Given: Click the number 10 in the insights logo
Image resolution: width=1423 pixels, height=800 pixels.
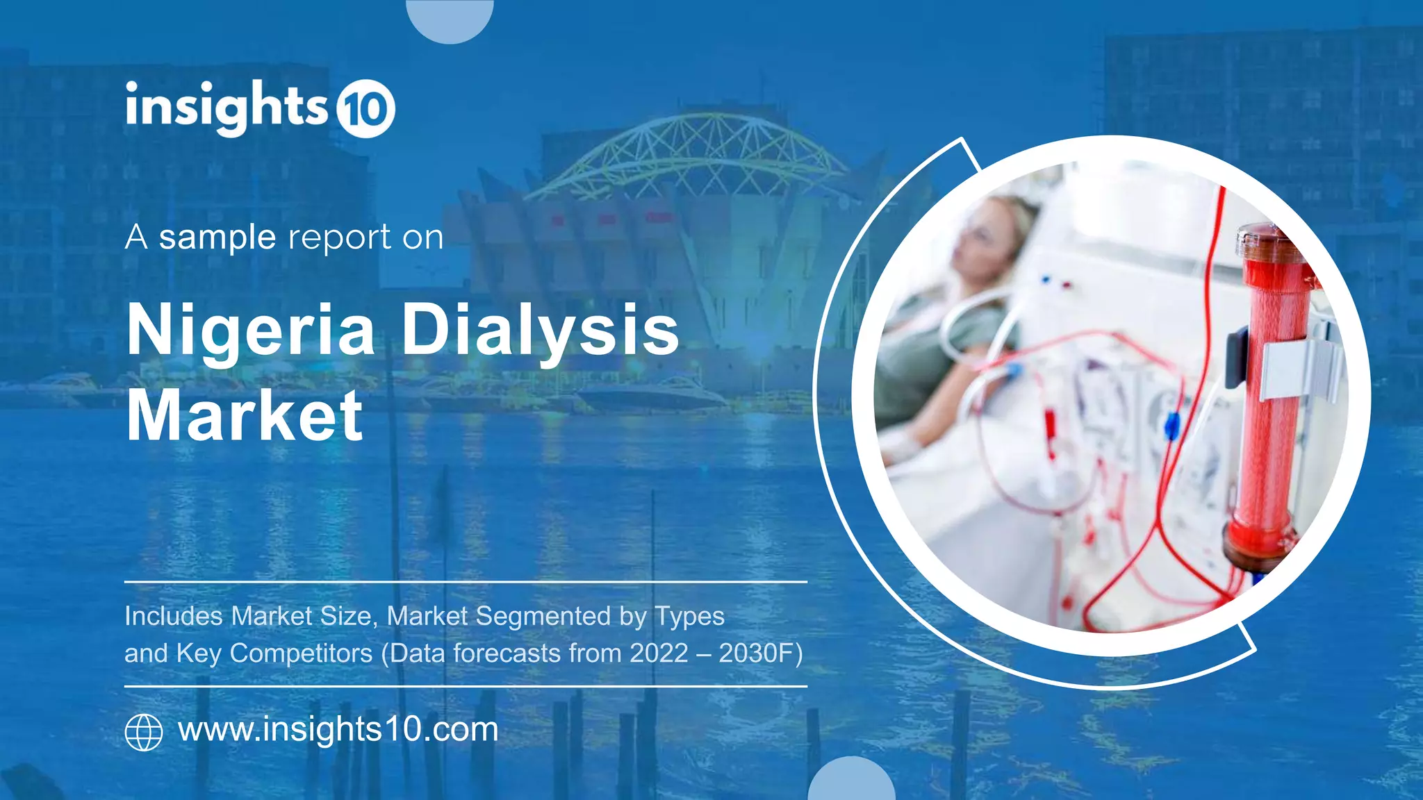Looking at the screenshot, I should pos(365,110).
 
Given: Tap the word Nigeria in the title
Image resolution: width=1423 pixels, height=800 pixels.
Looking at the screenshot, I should pos(251,331).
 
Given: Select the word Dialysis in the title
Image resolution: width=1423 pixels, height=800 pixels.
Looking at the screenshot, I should pos(540,331).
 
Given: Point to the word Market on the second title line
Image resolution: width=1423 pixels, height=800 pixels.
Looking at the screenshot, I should pos(245,416).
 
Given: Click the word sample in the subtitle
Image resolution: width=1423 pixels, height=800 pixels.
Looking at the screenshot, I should pos(217,238).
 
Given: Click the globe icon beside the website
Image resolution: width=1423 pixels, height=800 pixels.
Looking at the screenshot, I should pos(144,732).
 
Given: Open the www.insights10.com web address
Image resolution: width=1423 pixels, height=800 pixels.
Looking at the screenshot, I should pos(338,729).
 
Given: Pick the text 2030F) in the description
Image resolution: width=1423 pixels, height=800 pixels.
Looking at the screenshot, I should pos(760,653).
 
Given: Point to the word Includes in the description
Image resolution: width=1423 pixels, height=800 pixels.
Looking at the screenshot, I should pos(174,616).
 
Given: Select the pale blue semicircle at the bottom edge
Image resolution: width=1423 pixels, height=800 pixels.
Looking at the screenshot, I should pos(851,781).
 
